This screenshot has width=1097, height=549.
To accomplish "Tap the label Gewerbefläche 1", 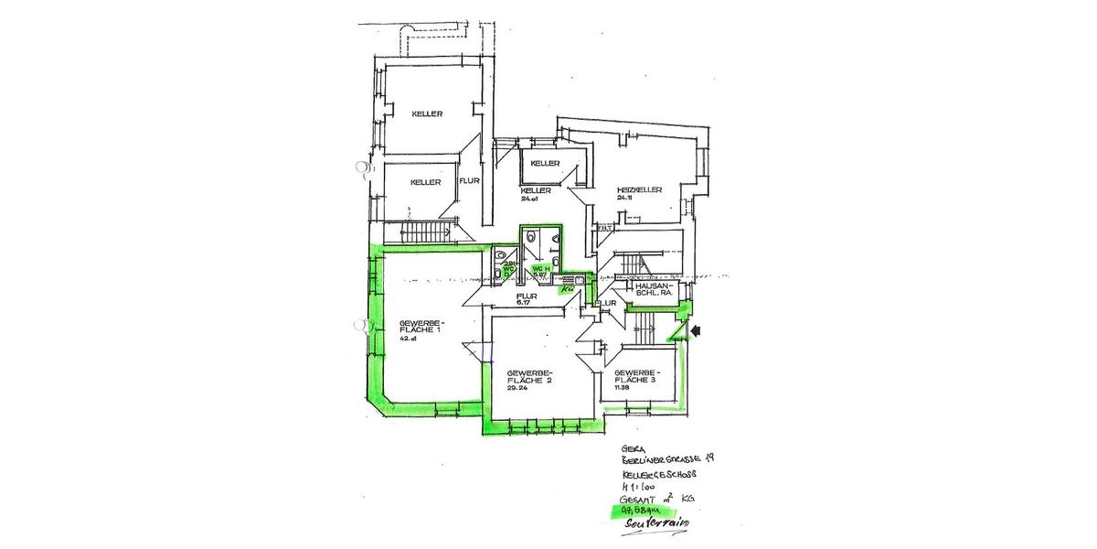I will pos(421,328).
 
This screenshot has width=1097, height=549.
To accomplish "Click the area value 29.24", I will pos(517,388).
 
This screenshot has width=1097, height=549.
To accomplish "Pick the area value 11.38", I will pos(623,388).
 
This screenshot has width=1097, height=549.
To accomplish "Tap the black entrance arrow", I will pos(698,331).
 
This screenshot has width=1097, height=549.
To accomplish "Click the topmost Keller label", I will pos(427,114).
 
